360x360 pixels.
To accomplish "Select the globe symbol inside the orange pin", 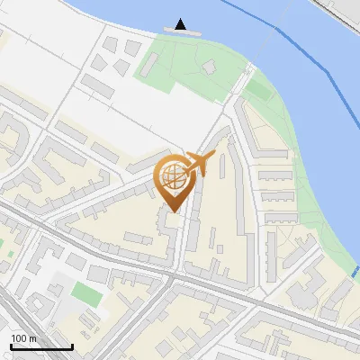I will coord(173,175).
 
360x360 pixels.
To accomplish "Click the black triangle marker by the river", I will coord(181,23).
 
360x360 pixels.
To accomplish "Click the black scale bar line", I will coord(40,346).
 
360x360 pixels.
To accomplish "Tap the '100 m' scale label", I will coord(23,338).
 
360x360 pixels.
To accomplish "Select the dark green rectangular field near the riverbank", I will coord(259,90).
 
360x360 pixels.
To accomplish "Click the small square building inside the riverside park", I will coord(210,67).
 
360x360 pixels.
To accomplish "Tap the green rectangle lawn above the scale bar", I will coord(86,292).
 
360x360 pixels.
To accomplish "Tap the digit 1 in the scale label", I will coord(13,338).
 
